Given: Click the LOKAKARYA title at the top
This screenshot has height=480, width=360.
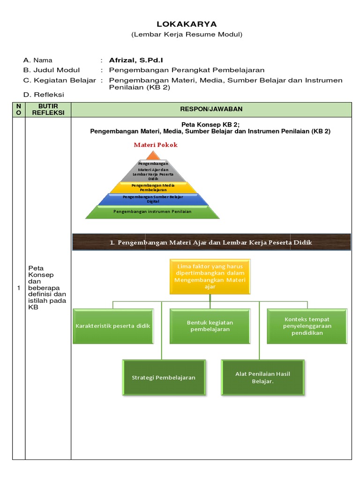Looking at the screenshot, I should tap(180, 24).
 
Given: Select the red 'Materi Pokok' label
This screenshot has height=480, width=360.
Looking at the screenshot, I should tap(156, 145).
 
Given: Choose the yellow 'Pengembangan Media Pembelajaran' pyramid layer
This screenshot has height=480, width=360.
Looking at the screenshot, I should tap(153, 187).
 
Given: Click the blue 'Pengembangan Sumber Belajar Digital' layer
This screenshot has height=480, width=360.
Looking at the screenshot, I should tap(153, 199).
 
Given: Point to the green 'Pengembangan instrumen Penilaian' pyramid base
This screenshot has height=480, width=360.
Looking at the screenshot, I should tap(153, 212).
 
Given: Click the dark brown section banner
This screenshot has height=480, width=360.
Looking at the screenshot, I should tap(210, 242).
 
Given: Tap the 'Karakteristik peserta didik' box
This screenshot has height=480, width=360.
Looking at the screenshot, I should tap(113, 326).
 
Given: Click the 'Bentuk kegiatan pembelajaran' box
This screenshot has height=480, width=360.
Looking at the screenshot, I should tap(210, 326).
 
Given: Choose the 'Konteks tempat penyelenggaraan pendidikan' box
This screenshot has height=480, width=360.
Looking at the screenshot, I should tap(307, 326).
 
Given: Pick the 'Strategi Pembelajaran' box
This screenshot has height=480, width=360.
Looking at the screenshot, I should tap(164, 377).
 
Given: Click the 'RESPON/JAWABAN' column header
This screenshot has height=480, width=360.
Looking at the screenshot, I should tap(211, 109).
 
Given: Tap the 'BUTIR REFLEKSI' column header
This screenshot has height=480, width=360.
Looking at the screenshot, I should tap(48, 110).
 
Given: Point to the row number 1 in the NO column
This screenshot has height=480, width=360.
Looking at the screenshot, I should tap(19, 288).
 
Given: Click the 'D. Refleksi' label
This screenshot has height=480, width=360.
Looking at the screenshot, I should tap(44, 95).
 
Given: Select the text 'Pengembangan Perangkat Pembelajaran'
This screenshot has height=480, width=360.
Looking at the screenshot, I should tap(187, 70).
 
